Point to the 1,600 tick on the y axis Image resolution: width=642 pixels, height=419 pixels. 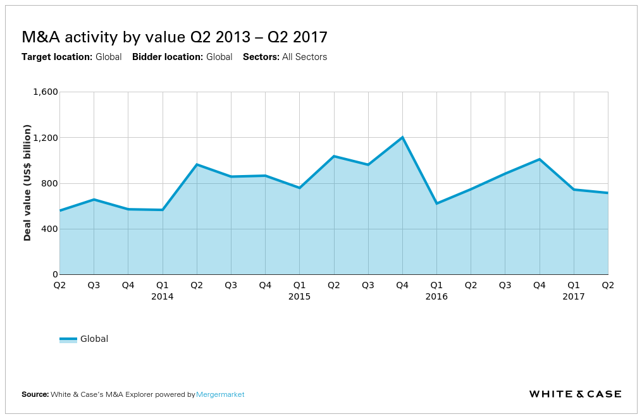[45, 92]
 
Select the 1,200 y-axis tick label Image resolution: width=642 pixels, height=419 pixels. [45, 138]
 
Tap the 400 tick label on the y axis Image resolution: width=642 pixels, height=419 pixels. [49, 229]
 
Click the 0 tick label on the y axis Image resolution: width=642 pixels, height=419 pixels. [55, 275]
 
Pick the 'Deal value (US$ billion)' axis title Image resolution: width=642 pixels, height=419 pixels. [27, 183]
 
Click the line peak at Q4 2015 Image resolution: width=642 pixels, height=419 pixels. [402, 137]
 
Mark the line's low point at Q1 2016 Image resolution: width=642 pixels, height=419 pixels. [436, 203]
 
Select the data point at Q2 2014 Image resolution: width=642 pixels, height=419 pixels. [197, 164]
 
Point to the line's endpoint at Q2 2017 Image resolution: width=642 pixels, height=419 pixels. [608, 193]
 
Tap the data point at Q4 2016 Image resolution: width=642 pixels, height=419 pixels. [540, 159]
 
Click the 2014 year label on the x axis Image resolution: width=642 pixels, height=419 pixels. [163, 296]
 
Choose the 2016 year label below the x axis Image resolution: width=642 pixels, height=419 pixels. [436, 296]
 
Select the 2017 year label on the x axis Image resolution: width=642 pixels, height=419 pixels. [574, 296]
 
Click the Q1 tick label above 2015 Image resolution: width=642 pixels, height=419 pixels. [299, 285]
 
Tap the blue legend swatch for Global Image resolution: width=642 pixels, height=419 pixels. [68, 339]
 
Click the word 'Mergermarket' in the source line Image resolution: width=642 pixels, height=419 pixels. [220, 394]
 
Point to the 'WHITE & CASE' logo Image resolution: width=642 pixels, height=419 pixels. [575, 394]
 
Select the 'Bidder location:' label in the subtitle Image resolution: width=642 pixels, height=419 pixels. [168, 57]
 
